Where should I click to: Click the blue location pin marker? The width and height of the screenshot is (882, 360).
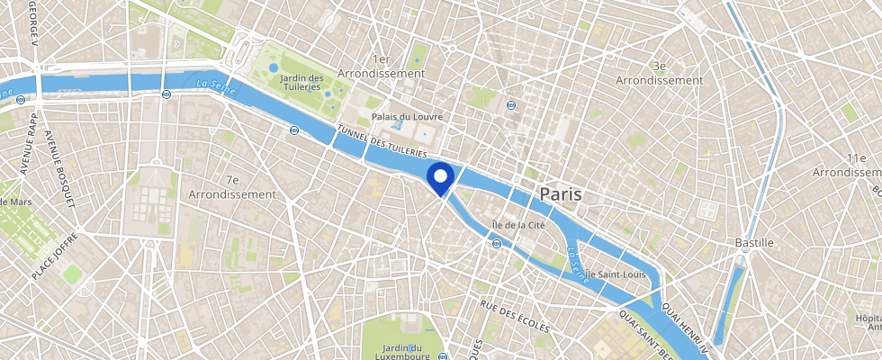[x=441, y=177]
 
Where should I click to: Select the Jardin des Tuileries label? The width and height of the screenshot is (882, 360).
[x=301, y=83]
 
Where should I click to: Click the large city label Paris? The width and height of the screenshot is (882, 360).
[x=560, y=193]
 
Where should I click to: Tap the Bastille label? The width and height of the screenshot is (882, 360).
[x=754, y=243]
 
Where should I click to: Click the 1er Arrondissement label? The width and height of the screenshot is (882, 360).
[x=379, y=65]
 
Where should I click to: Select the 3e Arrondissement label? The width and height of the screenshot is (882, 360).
[x=659, y=73]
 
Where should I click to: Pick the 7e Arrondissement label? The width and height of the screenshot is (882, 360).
[x=232, y=187]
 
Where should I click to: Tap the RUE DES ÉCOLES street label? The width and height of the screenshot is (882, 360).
[x=514, y=318]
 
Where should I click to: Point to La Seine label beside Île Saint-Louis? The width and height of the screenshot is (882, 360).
[x=578, y=266]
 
